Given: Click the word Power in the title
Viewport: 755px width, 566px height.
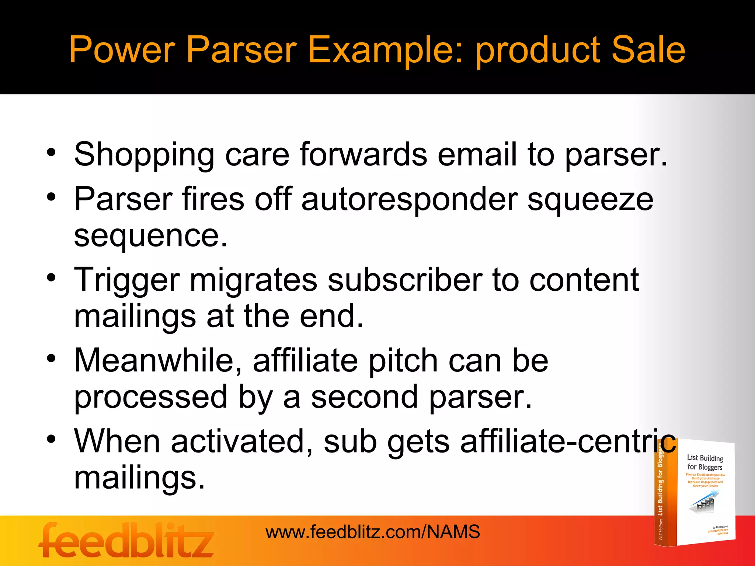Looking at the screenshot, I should tap(122, 49).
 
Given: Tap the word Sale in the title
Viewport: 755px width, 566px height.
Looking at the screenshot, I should tap(648, 49).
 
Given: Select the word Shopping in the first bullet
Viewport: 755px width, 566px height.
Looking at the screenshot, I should tap(144, 155).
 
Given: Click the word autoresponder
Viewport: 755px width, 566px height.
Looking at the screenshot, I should tap(409, 199).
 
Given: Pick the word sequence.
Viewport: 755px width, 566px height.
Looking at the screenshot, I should tap(150, 236).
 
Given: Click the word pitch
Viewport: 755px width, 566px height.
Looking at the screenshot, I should tap(403, 361).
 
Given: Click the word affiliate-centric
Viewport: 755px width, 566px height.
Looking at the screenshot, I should tap(568, 441).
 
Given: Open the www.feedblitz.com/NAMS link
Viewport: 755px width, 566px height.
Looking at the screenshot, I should tap(373, 532).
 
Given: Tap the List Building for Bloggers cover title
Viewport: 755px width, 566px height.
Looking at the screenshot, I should tap(704, 462).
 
